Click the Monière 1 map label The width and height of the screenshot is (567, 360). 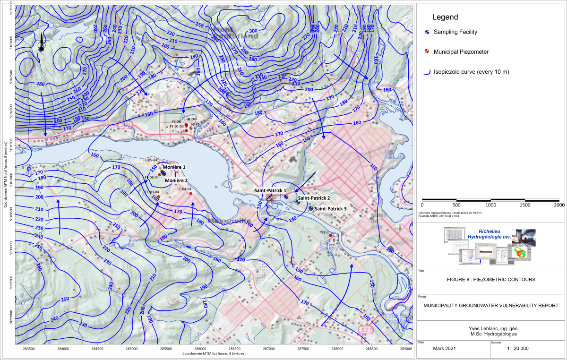[174, 168]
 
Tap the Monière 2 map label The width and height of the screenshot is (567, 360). [176, 180]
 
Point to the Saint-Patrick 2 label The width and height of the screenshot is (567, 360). [314, 198]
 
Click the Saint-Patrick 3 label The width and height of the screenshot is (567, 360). [330, 208]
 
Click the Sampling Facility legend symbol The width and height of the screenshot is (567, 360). [427, 32]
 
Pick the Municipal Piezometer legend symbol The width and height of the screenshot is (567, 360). [427, 51]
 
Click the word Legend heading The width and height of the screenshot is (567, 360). [445, 17]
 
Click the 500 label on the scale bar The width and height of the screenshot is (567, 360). [456, 205]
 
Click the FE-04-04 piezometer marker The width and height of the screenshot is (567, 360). [190, 193]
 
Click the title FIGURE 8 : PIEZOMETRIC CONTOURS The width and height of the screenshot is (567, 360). [490, 279]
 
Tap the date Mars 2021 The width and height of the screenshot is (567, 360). [445, 348]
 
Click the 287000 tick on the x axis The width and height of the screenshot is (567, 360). [269, 349]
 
